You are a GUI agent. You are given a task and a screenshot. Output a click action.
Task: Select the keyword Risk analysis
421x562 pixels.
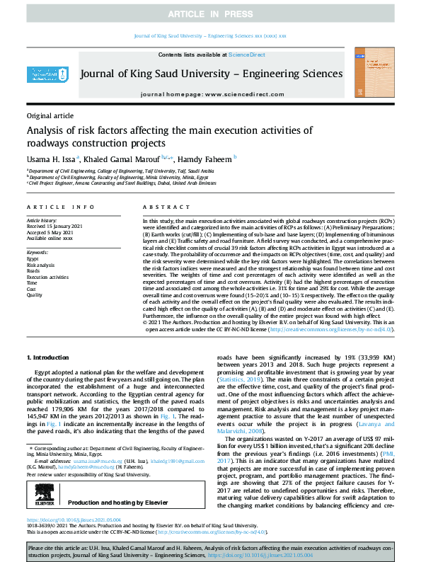point(43,265)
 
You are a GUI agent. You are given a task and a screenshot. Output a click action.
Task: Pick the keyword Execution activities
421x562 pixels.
point(49,277)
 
